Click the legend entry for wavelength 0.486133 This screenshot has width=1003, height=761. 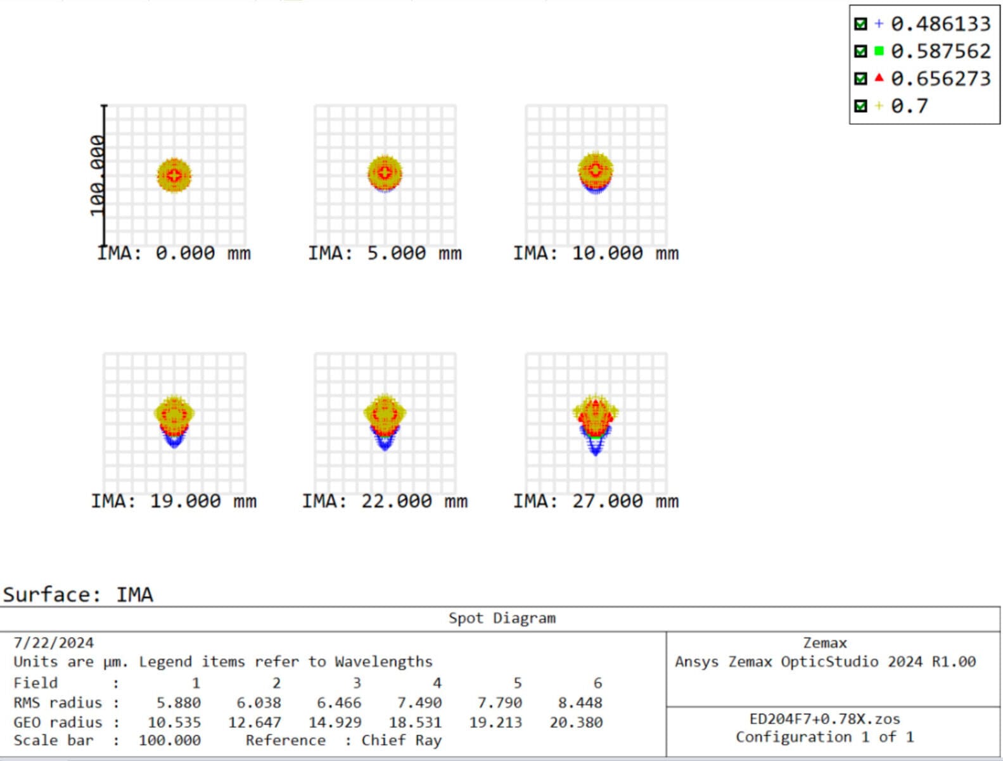(x=940, y=24)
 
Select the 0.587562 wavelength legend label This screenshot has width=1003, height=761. (x=940, y=51)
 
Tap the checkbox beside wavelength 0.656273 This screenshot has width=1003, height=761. (x=860, y=79)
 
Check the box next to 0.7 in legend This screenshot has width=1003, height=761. (x=860, y=106)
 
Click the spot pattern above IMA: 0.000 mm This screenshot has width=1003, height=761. (x=174, y=176)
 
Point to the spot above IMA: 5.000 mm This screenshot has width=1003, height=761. (x=385, y=173)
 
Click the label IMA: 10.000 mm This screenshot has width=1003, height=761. (x=596, y=254)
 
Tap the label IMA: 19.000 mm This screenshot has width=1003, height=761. (x=174, y=502)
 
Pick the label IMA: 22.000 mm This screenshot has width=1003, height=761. (x=385, y=502)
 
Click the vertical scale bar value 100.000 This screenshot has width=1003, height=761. (x=97, y=176)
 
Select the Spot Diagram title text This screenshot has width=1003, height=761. (x=502, y=618)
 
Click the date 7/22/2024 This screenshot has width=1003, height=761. (x=54, y=643)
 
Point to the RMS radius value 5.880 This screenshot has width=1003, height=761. (x=179, y=703)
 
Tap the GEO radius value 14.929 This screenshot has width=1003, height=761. (x=335, y=722)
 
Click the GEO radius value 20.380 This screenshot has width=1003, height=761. (x=576, y=722)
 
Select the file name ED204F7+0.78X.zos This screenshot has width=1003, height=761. (x=824, y=719)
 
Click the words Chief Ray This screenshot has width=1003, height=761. (x=401, y=741)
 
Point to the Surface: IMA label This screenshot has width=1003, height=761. (x=78, y=595)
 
